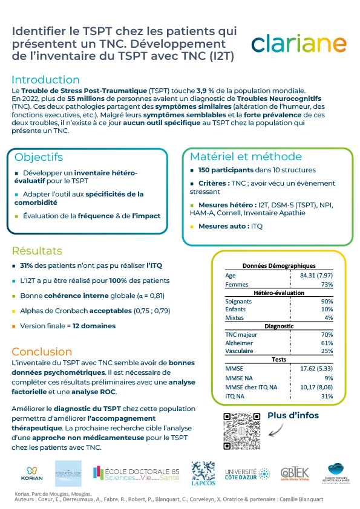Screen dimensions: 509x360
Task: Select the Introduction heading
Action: (x=45, y=80)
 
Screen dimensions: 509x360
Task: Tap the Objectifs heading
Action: (x=39, y=157)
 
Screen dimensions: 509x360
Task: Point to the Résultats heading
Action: (x=37, y=250)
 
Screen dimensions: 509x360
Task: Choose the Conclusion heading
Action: (x=42, y=351)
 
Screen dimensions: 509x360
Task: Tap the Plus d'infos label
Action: (x=293, y=415)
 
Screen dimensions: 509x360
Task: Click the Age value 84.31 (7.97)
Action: (x=316, y=276)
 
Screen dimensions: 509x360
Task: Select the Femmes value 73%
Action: (x=327, y=284)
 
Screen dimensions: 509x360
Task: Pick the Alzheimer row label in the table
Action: (x=239, y=343)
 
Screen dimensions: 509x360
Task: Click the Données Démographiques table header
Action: (x=279, y=265)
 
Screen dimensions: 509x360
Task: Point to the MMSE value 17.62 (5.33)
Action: (x=316, y=368)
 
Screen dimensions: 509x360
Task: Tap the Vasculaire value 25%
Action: (x=327, y=351)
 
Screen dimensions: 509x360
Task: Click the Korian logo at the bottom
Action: (x=32, y=472)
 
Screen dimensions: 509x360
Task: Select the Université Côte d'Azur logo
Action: (x=247, y=473)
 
